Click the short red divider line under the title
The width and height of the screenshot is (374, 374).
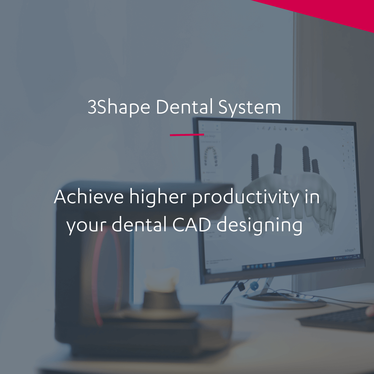click(187, 135)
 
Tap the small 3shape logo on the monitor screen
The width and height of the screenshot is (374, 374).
click(349, 250)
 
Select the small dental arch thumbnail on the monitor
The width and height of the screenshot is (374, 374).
click(210, 156)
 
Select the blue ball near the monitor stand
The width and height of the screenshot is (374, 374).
click(254, 285)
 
